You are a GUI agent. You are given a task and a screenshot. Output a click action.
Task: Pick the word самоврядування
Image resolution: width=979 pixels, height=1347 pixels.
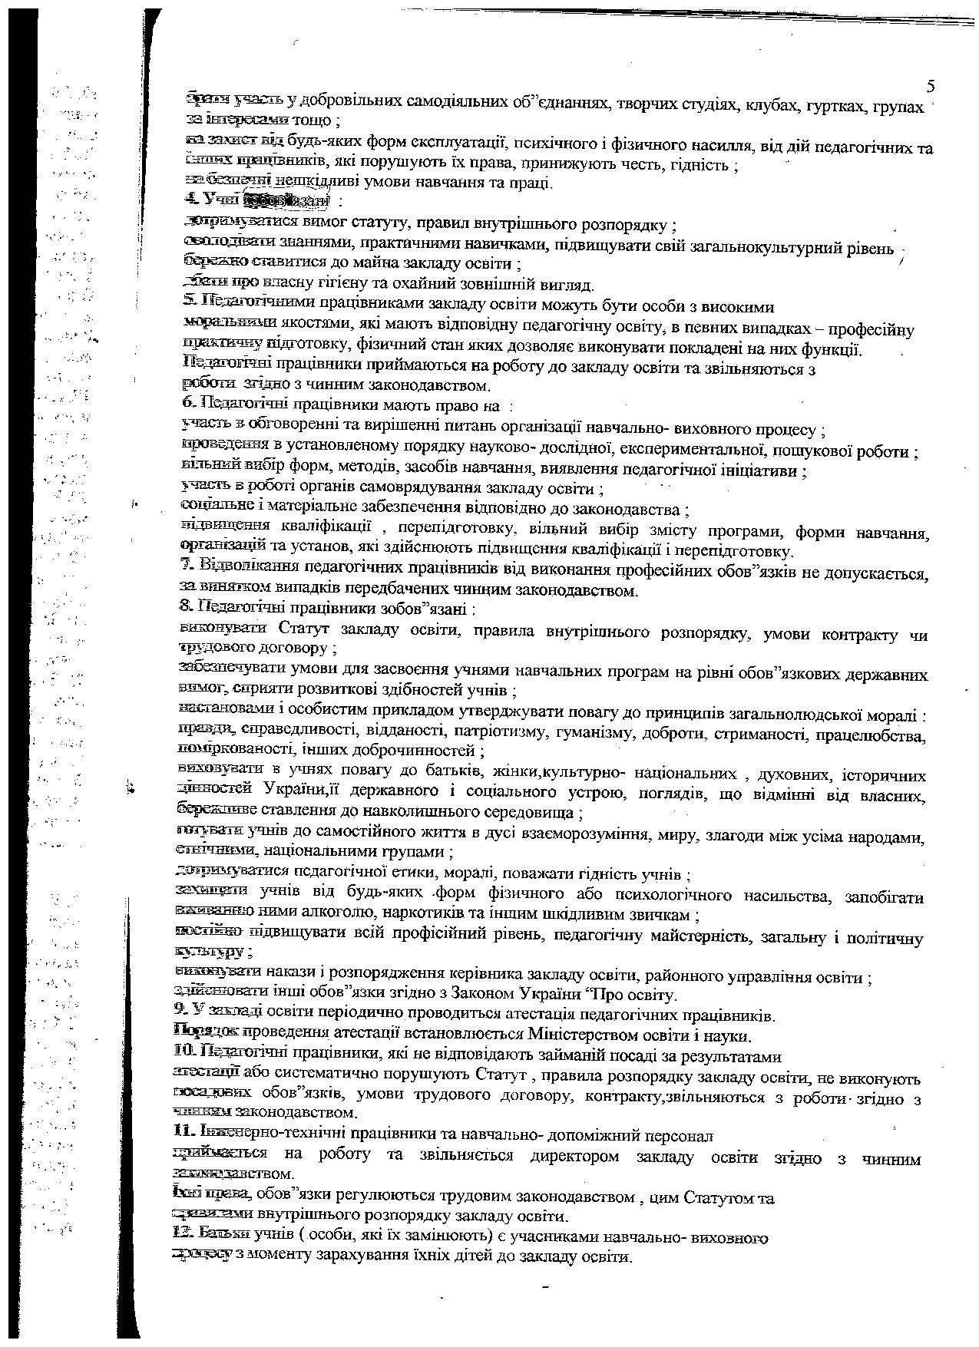441,489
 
